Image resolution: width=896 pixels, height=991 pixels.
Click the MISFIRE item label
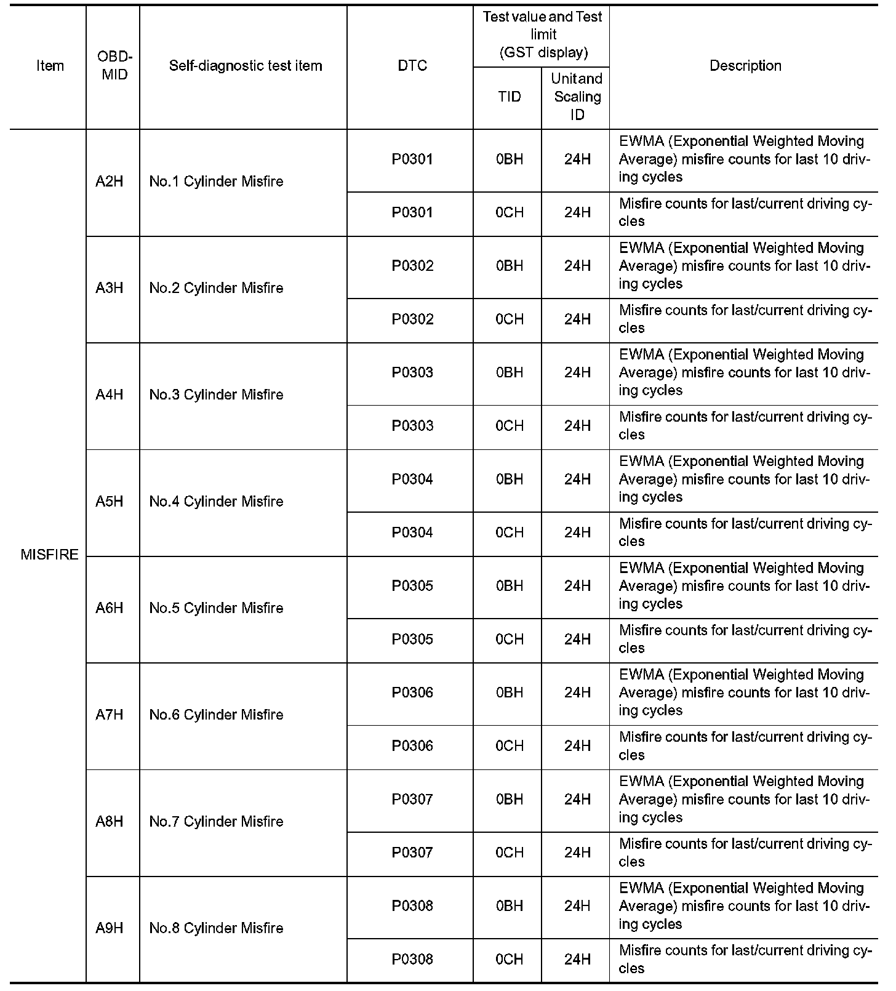(49, 555)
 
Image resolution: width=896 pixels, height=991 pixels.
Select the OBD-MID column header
(114, 65)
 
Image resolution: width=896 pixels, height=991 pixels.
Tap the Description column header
(745, 65)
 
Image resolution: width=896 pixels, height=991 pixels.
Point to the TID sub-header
(509, 97)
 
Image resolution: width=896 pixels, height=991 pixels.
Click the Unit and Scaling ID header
(577, 97)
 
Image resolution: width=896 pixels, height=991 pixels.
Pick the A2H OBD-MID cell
(110, 182)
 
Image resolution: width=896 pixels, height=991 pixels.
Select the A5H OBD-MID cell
(110, 502)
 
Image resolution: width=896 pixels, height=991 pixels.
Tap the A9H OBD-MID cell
(110, 928)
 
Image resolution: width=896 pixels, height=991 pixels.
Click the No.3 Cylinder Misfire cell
(216, 395)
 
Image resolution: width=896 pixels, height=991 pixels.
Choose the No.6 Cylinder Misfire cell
(216, 715)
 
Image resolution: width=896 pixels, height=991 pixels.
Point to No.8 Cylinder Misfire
(216, 928)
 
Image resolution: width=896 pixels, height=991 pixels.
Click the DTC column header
(412, 65)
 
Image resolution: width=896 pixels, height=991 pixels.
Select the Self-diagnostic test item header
(246, 65)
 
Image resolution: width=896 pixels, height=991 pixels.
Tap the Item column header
(50, 65)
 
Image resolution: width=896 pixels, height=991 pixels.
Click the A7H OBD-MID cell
(110, 715)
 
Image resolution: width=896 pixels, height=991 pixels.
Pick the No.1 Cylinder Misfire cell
(216, 182)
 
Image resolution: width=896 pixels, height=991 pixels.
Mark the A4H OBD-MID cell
(110, 395)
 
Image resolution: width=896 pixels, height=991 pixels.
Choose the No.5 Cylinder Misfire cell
(216, 608)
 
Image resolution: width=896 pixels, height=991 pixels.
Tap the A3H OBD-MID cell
(110, 288)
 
